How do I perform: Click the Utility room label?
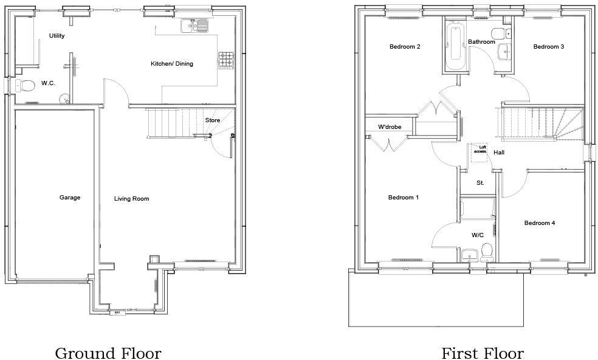point(57,36)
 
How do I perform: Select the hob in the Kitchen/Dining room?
point(226,58)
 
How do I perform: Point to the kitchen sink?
point(194,26)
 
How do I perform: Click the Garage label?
point(70,197)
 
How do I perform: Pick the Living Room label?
point(132,199)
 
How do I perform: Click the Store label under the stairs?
point(212,120)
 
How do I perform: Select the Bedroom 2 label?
point(405,47)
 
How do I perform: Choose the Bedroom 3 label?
point(549,47)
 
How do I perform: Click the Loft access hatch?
point(480,152)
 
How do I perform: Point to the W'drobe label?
point(390,127)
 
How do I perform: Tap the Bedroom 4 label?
point(540,223)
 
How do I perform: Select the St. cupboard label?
point(480,182)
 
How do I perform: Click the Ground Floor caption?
point(108,353)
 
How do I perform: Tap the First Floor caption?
point(482,353)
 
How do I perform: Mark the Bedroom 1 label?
point(404,198)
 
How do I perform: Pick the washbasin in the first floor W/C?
point(469,254)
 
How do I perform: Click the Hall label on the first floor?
point(499,152)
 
